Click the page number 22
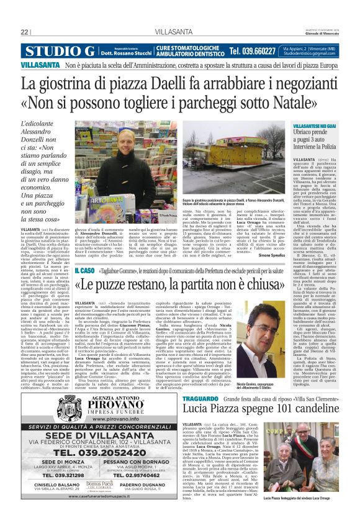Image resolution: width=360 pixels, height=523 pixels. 25,32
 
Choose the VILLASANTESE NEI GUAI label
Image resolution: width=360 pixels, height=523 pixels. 314,125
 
